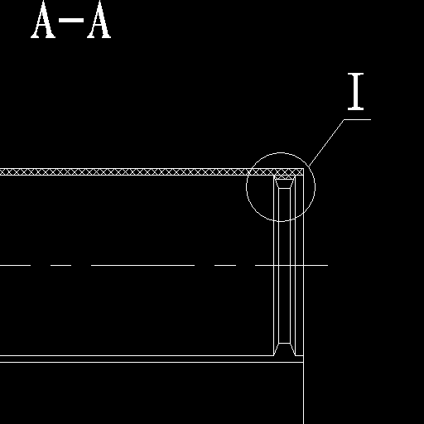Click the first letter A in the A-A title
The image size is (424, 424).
click(43, 19)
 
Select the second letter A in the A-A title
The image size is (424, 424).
click(99, 19)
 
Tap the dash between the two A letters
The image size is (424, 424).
click(71, 20)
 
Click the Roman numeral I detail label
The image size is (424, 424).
click(355, 92)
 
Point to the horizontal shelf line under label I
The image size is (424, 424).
click(358, 119)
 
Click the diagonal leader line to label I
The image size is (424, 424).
click(327, 142)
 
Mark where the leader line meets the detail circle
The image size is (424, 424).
click(310, 166)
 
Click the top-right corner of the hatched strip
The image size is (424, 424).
click(303, 169)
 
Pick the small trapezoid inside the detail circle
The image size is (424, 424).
click(285, 184)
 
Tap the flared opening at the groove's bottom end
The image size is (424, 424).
click(285, 349)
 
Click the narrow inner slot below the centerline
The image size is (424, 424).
click(285, 305)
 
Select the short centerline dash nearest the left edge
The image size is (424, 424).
click(15, 265)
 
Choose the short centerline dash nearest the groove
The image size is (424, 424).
click(225, 265)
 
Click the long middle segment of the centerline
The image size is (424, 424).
click(142, 265)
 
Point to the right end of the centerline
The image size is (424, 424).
click(328, 265)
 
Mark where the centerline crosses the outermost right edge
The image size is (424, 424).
click(304, 265)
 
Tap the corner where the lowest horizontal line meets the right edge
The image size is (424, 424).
click(304, 362)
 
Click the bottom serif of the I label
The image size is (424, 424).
click(355, 108)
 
